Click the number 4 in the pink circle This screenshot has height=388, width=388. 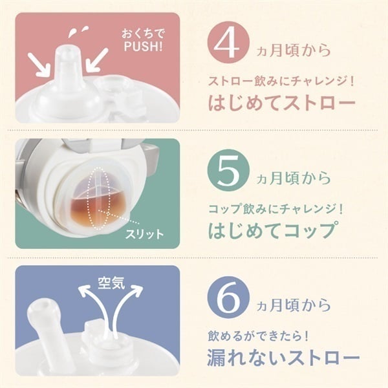[x=227, y=44]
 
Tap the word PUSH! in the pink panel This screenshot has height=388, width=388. [x=144, y=47]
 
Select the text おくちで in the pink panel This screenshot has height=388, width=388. [x=143, y=34]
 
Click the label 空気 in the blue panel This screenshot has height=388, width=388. [x=111, y=283]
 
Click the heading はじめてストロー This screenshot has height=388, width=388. [x=282, y=102]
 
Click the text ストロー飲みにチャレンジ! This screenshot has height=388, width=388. [x=281, y=81]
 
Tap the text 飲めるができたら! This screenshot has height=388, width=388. [x=259, y=336]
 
